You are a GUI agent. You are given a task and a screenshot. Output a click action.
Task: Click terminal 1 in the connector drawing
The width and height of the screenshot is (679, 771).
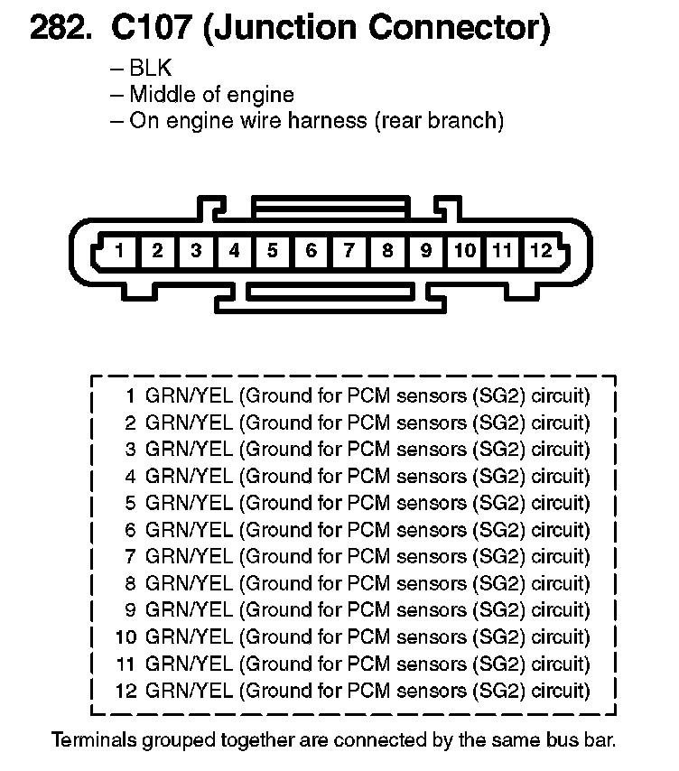(119, 251)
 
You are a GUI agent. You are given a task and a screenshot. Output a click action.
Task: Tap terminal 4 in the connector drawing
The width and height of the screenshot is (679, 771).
(235, 251)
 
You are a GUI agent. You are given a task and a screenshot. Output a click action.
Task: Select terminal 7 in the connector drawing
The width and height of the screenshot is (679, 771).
(349, 251)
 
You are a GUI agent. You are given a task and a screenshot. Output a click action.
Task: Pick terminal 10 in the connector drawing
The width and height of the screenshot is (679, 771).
(464, 251)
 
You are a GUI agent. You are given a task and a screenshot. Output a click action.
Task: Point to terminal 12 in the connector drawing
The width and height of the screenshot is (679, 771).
(540, 251)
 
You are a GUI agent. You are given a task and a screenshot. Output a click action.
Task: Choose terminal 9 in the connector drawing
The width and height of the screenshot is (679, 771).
(426, 251)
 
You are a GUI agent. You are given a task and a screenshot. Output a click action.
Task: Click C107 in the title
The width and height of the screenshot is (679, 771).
(148, 30)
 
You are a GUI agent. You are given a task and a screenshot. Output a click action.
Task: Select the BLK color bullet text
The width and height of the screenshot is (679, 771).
(150, 69)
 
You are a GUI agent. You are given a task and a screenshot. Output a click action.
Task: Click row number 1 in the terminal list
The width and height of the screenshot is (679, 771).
(131, 395)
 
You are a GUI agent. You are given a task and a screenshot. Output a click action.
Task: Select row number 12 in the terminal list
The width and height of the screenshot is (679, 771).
(126, 692)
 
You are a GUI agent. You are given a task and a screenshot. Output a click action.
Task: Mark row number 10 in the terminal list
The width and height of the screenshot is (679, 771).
(126, 637)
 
